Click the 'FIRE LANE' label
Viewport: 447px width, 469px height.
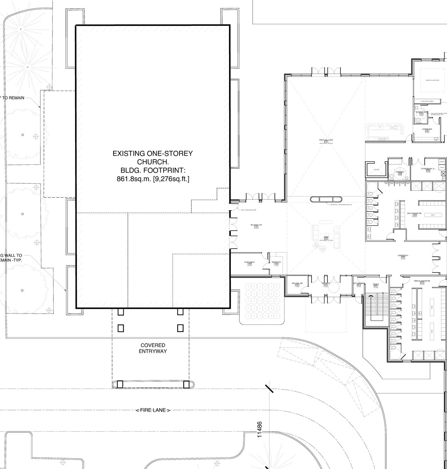[153, 410]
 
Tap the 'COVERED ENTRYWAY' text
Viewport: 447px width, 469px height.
[153, 348]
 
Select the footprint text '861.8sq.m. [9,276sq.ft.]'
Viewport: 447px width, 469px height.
[153, 179]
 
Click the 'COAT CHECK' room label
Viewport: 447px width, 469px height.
[249, 262]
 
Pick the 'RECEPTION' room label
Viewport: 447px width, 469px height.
[276, 262]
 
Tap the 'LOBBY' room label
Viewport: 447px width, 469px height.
[326, 237]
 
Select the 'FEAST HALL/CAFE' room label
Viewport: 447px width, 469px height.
[326, 140]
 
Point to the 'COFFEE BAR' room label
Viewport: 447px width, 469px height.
[427, 129]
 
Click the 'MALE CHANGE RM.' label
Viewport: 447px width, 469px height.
[414, 213]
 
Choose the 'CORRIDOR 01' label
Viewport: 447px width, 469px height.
[403, 256]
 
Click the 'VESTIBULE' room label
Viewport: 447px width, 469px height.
[325, 283]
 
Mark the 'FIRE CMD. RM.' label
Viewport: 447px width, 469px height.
[297, 283]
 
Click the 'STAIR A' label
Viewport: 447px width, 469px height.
[376, 284]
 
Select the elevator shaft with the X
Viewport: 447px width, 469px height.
[376, 170]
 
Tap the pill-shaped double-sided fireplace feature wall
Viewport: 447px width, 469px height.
[326, 199]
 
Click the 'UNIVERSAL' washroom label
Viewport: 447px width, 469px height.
[400, 172]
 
